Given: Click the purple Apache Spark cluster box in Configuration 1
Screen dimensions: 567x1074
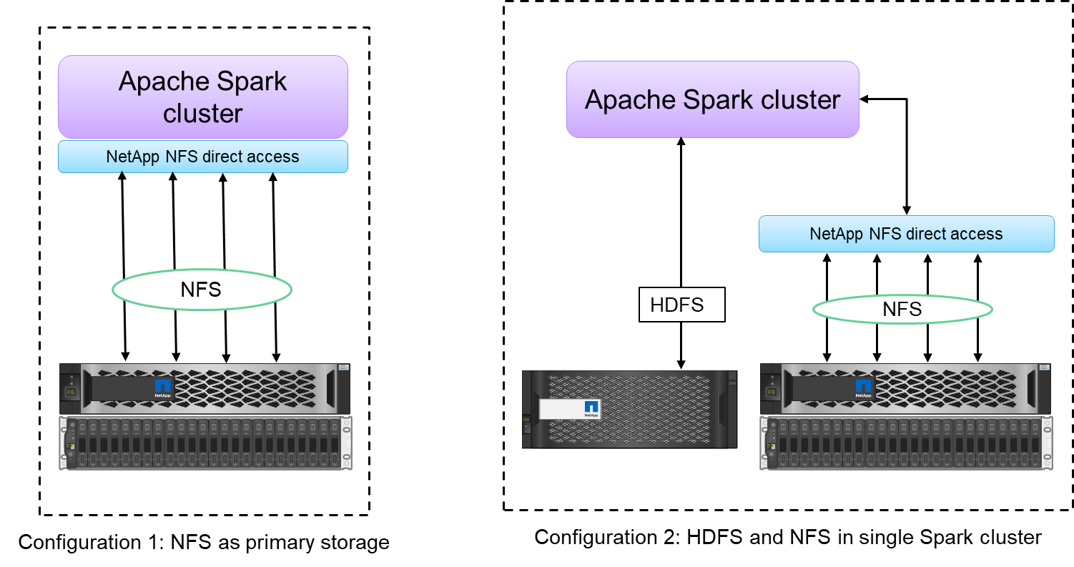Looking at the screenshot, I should point(202,97).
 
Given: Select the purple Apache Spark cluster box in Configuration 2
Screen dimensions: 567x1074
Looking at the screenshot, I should point(712,99).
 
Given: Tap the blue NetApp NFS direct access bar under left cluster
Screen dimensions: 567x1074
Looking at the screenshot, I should point(202,157).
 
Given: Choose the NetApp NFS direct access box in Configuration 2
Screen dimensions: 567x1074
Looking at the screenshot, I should point(906,234).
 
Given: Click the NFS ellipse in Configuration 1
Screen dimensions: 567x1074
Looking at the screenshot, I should point(202,290).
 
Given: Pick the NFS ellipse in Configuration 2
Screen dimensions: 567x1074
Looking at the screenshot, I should point(902,309).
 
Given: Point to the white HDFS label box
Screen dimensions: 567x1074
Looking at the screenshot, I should point(681,305).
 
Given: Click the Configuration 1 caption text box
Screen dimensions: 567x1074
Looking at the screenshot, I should point(204,542).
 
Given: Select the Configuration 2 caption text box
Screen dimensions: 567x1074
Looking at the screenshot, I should point(787,537).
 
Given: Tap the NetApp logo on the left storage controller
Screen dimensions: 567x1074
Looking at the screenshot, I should point(163,388).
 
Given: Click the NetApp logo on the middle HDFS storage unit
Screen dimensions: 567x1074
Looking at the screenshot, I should point(591,408).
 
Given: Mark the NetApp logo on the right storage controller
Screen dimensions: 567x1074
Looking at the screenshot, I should point(864,388).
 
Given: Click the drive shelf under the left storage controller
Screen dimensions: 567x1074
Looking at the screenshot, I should point(205,443).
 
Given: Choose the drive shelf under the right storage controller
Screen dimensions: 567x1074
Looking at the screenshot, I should point(906,443).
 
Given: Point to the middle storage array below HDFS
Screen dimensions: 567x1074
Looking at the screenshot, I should point(629,409).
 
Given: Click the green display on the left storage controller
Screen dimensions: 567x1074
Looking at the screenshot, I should point(71,392).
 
